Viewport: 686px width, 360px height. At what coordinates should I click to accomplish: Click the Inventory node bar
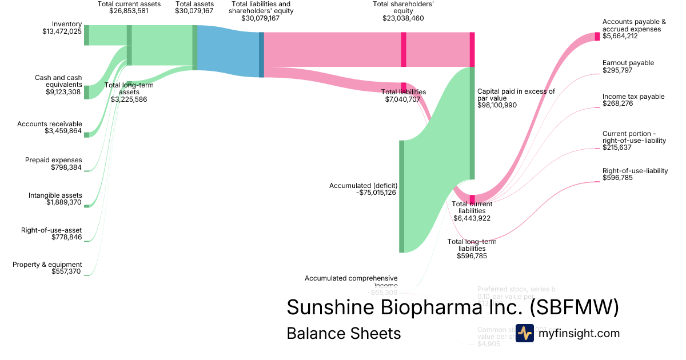(x=87, y=35)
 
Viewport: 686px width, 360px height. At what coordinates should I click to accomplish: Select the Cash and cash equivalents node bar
(x=87, y=92)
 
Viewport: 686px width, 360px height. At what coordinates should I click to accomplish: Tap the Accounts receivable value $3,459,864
(x=63, y=131)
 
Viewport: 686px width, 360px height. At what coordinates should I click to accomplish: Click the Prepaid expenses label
(x=54, y=160)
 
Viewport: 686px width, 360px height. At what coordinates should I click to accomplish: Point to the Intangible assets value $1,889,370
(x=63, y=202)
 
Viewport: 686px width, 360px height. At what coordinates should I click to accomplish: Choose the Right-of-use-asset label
(x=51, y=230)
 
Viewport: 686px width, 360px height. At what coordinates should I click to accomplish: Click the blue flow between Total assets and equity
(x=229, y=51)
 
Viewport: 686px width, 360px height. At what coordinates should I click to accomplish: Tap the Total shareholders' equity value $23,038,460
(x=403, y=18)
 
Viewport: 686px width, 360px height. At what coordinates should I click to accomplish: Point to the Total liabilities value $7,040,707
(x=402, y=99)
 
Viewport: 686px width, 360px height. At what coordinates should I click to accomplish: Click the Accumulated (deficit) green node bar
(x=401, y=195)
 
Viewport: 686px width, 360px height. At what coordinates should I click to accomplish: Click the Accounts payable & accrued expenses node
(x=598, y=36)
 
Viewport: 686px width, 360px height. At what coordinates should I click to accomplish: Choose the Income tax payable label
(x=625, y=97)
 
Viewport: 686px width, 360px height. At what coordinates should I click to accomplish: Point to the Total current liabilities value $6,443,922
(x=472, y=218)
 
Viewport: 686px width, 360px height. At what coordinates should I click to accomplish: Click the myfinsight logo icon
(x=525, y=333)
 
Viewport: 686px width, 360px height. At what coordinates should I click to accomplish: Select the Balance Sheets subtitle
(x=344, y=333)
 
